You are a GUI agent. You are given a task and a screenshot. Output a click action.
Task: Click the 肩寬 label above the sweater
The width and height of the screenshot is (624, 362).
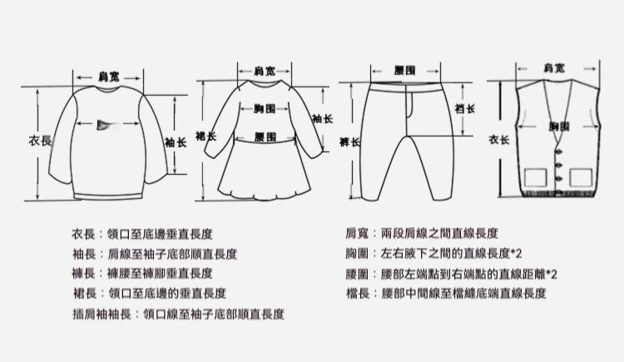point(106,77)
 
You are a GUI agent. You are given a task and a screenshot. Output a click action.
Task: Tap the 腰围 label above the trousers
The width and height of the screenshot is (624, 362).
point(407,71)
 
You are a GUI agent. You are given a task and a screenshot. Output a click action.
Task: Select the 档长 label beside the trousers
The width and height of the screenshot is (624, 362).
point(464,109)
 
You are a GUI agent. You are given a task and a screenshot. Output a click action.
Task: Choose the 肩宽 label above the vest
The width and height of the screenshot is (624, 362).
point(554,67)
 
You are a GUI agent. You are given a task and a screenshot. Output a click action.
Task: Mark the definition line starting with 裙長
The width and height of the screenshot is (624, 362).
point(150,293)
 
